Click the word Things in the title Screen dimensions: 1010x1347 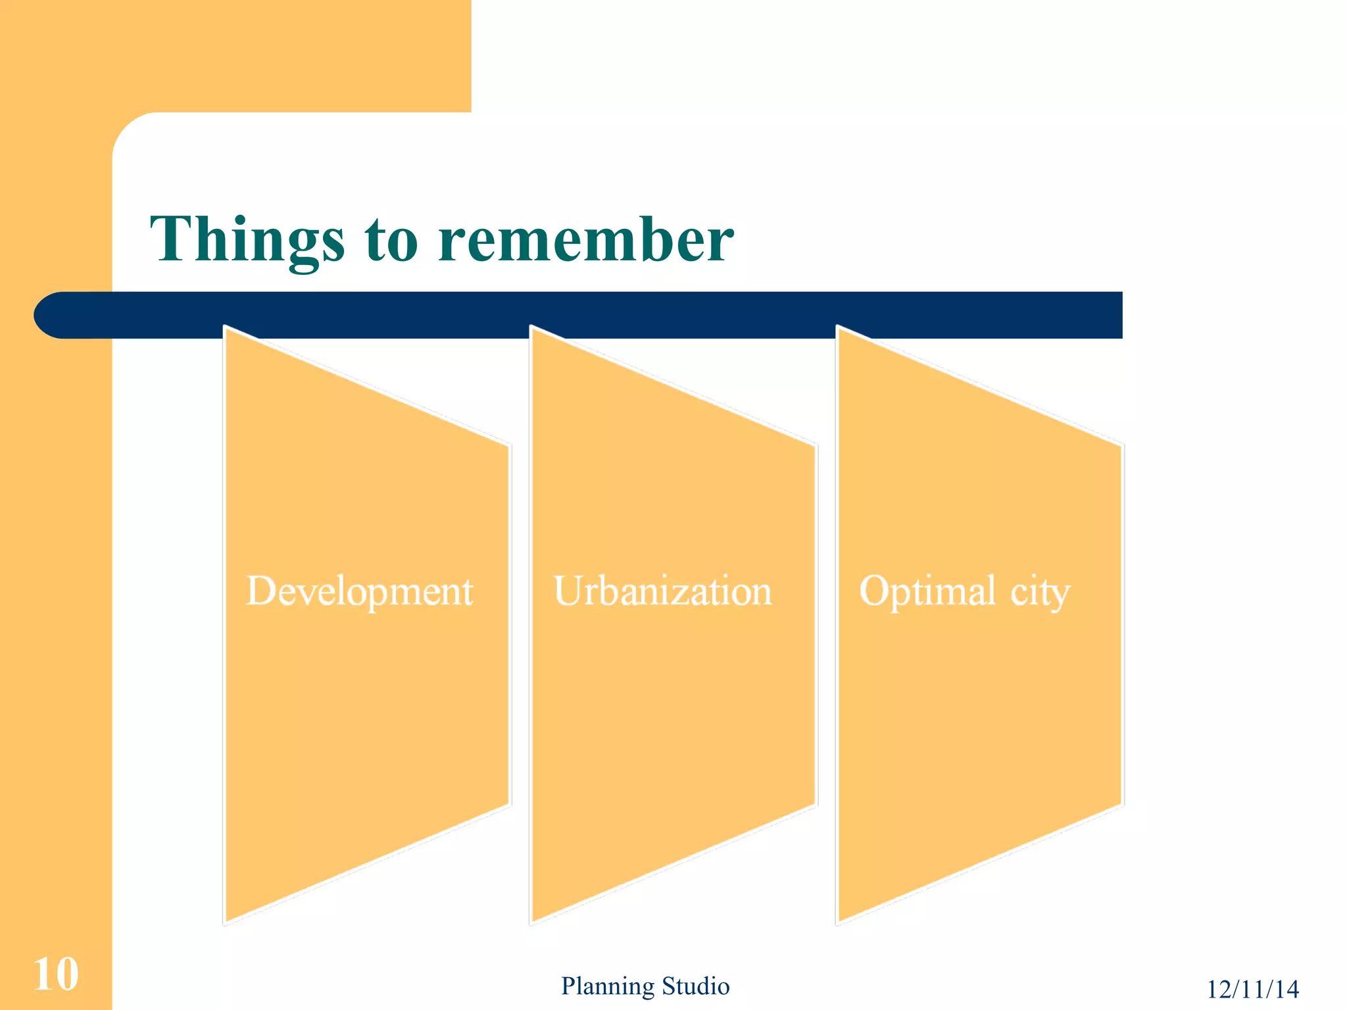[247, 240]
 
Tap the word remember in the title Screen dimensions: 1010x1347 [585, 240]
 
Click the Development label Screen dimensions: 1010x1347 [359, 590]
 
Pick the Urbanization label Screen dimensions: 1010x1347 [662, 590]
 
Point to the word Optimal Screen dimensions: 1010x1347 [927, 590]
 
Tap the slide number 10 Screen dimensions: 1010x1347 [56, 974]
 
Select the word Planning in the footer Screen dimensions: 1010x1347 [607, 986]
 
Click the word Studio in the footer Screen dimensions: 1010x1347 [695, 986]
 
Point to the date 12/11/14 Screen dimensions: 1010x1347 [1252, 989]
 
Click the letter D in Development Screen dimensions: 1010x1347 [260, 590]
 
